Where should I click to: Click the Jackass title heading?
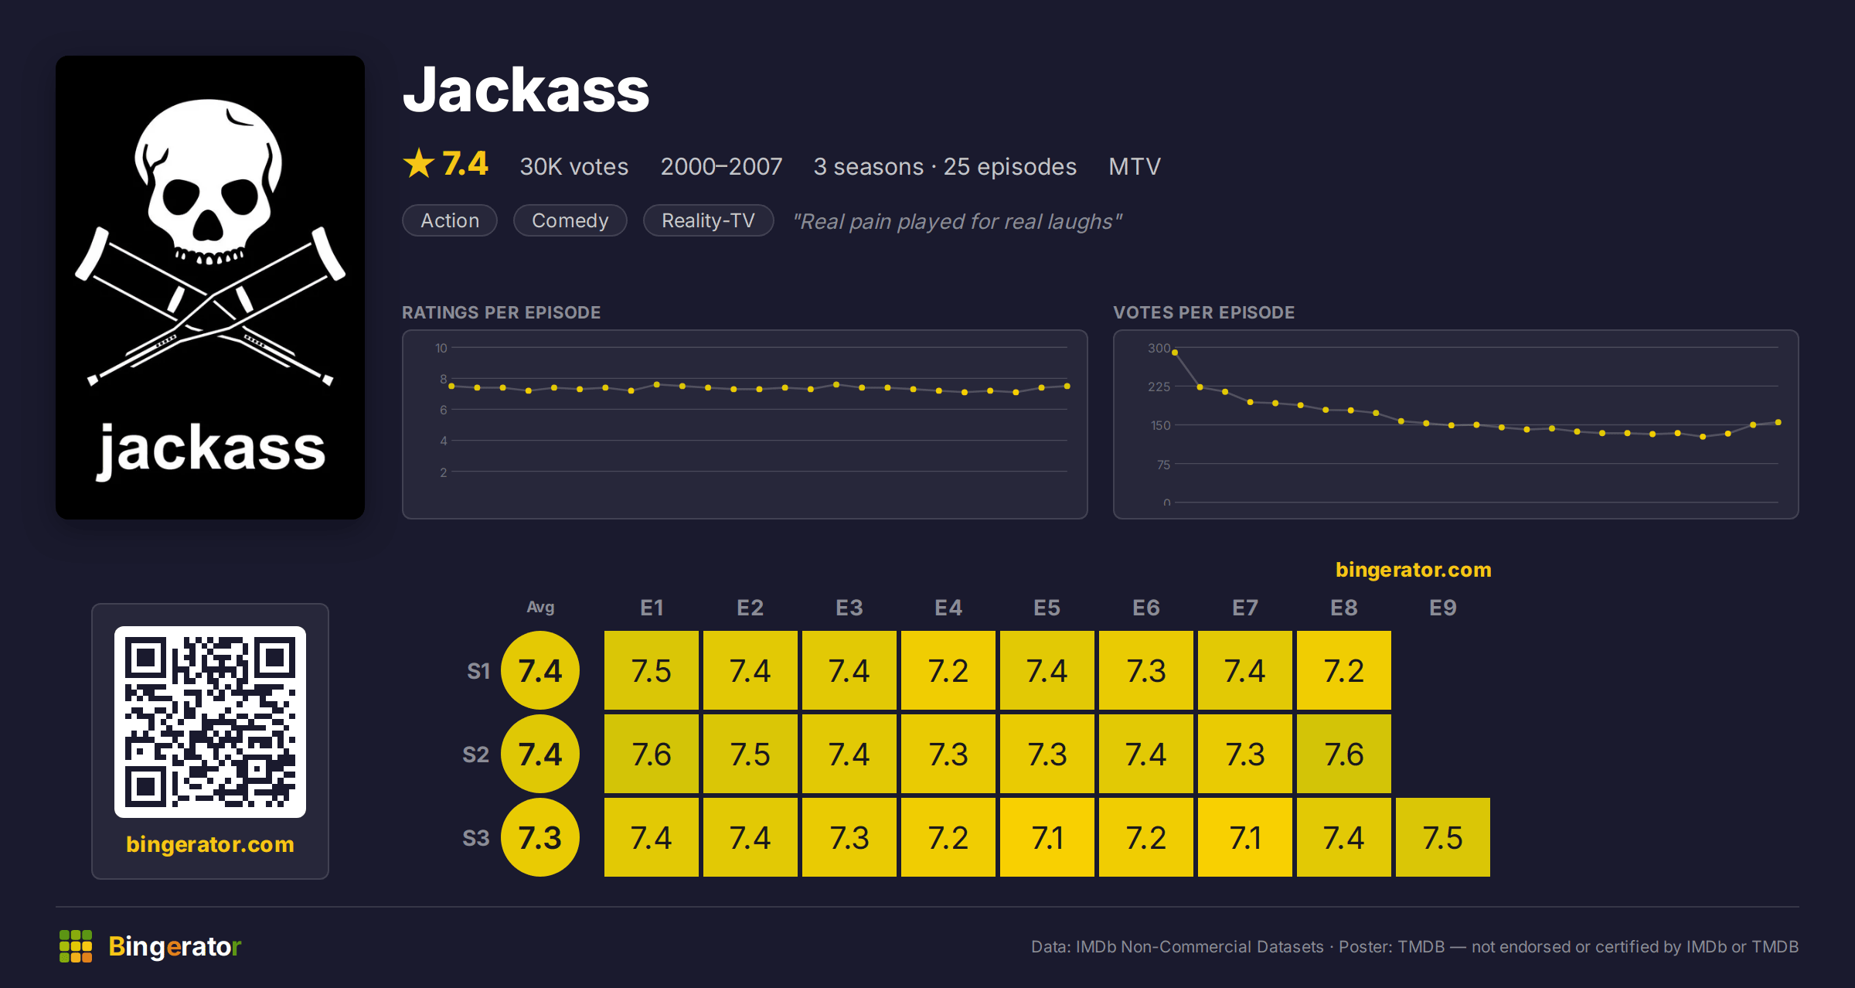526,90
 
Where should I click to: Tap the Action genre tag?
450,220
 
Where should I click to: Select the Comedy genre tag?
570,220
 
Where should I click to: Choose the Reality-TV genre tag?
708,220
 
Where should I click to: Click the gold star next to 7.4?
419,163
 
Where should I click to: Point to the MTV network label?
1135,166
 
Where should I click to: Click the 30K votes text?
574,166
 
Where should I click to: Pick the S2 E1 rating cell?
652,754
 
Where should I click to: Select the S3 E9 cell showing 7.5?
1443,837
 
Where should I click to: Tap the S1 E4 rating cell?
948,670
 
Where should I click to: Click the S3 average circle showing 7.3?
540,837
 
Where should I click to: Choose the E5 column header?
1047,608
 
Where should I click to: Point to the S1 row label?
478,671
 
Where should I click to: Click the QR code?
210,722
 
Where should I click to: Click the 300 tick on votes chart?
1159,348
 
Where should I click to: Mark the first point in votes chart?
1175,353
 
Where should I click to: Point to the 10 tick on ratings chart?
441,348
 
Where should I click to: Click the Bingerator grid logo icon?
76,946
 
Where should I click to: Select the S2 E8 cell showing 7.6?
1344,754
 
